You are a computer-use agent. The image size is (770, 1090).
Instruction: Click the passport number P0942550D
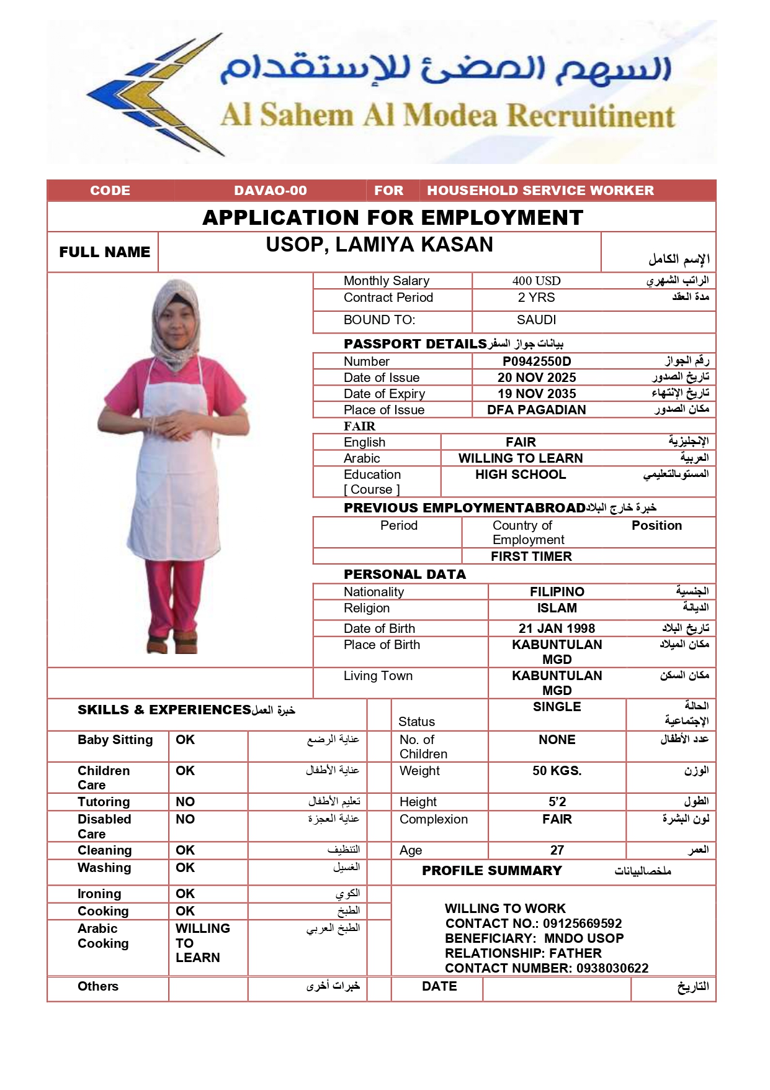click(537, 361)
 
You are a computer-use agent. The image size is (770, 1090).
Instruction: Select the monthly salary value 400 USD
click(536, 281)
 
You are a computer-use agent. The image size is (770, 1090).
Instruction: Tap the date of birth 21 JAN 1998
click(557, 629)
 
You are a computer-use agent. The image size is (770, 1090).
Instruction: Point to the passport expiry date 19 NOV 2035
click(537, 394)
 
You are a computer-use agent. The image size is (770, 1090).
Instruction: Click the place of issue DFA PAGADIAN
click(536, 410)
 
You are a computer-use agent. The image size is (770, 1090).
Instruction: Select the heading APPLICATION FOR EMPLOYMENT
click(393, 217)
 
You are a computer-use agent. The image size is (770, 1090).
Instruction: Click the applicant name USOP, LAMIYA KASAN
click(379, 245)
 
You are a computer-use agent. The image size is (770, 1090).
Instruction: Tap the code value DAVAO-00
click(271, 191)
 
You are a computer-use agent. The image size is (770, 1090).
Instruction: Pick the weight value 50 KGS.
click(557, 771)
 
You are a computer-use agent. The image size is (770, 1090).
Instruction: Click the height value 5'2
click(557, 802)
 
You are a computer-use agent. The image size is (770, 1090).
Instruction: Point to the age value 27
click(557, 850)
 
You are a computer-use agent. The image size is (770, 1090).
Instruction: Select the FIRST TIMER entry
click(531, 556)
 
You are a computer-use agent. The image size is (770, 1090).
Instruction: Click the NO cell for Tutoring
click(185, 802)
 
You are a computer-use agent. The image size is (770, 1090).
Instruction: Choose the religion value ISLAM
click(557, 608)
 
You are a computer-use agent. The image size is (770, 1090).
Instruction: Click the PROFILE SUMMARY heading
click(491, 871)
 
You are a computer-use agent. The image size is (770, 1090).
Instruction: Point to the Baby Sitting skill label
click(115, 740)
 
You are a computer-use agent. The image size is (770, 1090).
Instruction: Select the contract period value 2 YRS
click(536, 297)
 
